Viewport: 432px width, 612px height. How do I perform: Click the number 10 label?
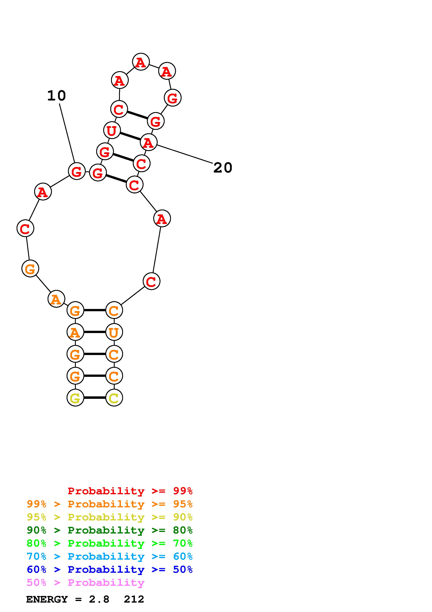click(56, 96)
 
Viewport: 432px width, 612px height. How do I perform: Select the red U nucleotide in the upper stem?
click(112, 130)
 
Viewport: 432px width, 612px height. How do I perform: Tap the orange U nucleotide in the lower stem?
click(114, 332)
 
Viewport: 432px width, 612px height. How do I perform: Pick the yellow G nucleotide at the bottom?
click(75, 398)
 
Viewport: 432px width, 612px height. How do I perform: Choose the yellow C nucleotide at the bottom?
click(114, 398)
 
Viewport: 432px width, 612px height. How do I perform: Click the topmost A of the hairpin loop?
click(141, 62)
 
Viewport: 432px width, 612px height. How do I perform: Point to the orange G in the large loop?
click(30, 268)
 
